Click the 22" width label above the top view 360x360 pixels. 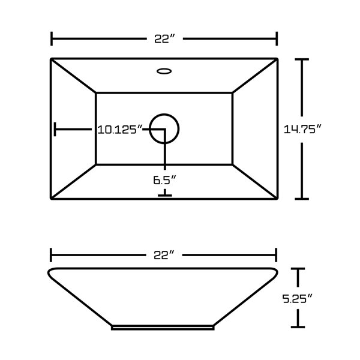[164, 38]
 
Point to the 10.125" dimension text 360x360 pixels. [120, 129]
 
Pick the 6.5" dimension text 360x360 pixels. [164, 179]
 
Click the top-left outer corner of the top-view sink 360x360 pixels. [52, 59]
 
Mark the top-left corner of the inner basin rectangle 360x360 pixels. [97, 93]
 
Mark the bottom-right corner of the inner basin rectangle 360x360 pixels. [233, 164]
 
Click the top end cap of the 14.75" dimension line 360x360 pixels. [301, 59]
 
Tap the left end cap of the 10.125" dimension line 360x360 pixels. [55, 129]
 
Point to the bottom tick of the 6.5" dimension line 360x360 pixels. [164, 195]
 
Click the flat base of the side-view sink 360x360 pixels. [163, 328]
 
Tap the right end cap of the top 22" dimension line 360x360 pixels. [276, 38]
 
